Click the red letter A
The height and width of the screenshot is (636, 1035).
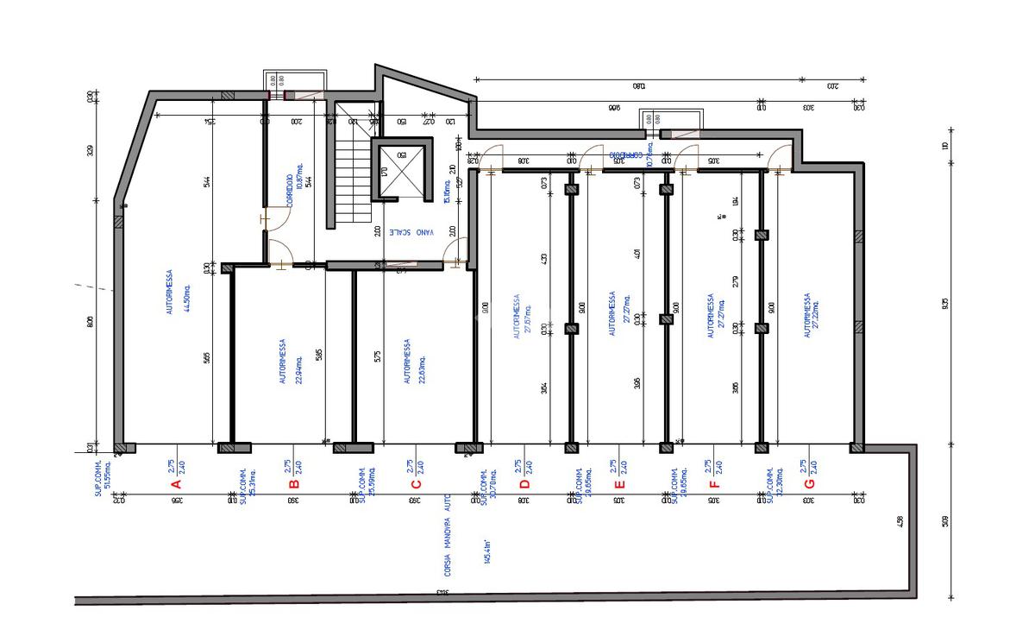[x=176, y=483]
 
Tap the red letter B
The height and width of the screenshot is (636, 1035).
[x=293, y=483]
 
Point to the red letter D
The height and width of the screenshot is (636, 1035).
[x=524, y=483]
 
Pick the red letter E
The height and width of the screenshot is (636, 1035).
[x=618, y=483]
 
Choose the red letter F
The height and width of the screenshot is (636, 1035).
[x=713, y=483]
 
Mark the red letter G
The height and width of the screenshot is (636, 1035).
[x=808, y=483]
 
